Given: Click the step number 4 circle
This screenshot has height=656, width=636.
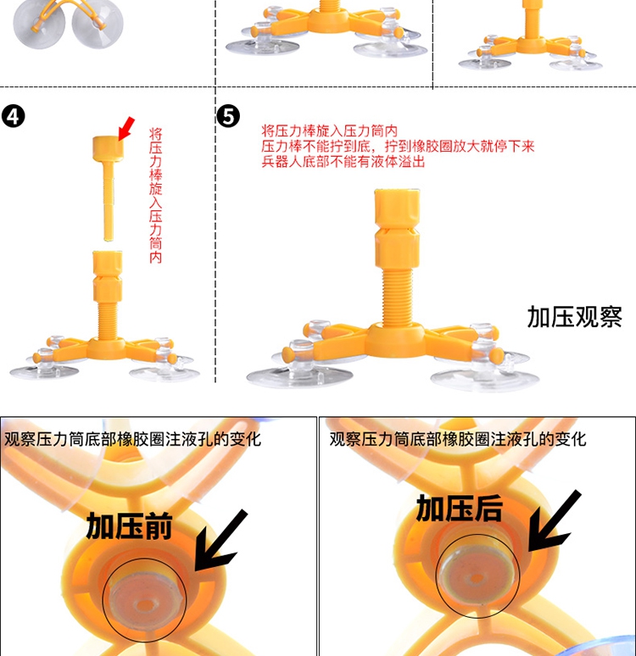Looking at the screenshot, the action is pyautogui.click(x=14, y=116).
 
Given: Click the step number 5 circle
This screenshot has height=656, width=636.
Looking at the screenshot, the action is pyautogui.click(x=229, y=116).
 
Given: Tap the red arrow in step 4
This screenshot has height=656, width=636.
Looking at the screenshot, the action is pyautogui.click(x=126, y=129).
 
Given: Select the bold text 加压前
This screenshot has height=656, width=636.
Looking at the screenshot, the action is pyautogui.click(x=130, y=526).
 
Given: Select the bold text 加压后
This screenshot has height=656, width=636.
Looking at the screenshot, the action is pyautogui.click(x=460, y=509).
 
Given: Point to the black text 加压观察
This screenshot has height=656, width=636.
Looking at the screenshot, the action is pyautogui.click(x=574, y=317).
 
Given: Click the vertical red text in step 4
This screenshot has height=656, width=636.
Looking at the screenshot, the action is pyautogui.click(x=155, y=195).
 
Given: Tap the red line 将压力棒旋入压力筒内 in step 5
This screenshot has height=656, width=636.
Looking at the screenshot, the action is pyautogui.click(x=330, y=131).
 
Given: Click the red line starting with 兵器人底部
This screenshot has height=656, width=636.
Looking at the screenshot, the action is pyautogui.click(x=343, y=162).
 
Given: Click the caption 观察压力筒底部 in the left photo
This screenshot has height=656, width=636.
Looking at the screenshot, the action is pyautogui.click(x=133, y=439).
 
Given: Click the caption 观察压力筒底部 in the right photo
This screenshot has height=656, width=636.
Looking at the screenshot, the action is pyautogui.click(x=458, y=439).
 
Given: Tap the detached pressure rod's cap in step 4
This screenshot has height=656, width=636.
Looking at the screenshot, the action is pyautogui.click(x=108, y=147).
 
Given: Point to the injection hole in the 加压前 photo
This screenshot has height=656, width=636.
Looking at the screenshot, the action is pyautogui.click(x=144, y=604).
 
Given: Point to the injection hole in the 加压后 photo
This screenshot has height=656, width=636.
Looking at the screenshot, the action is pyautogui.click(x=477, y=580).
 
